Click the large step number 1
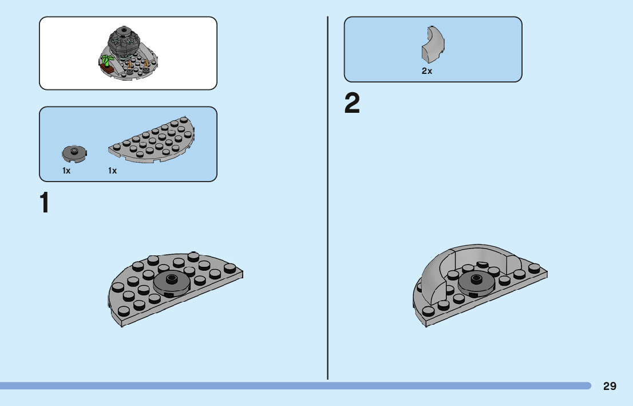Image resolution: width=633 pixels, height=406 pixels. (44, 203)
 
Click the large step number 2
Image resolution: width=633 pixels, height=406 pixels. (352, 104)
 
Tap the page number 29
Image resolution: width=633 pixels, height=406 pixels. (610, 386)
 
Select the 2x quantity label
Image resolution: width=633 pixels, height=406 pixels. (427, 71)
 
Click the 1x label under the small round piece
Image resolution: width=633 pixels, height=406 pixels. (66, 171)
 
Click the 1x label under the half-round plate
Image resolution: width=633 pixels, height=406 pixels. (112, 171)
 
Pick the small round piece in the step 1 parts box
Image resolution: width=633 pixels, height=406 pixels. (73, 153)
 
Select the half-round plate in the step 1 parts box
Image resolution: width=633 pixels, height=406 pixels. (152, 140)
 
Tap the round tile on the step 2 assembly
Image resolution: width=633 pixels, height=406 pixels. (476, 281)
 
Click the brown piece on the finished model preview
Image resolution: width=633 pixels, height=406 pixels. (106, 69)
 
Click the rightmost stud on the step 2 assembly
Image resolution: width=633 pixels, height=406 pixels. (535, 267)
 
